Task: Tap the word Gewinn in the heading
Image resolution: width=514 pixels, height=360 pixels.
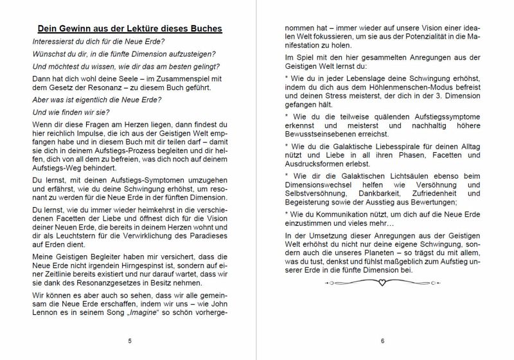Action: [x=76, y=29]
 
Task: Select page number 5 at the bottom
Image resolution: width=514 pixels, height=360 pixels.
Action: [x=130, y=341]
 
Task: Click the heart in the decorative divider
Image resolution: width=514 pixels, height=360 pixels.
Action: [x=382, y=282]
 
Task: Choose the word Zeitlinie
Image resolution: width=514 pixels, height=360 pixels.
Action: [x=58, y=273]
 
